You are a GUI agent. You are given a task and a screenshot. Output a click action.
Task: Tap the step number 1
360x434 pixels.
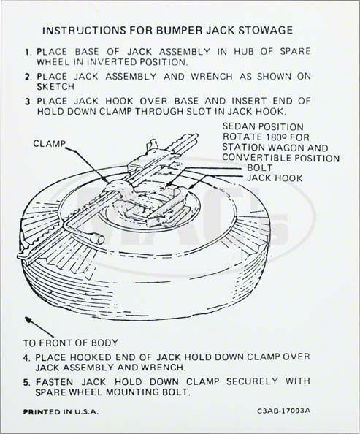pos(27,52)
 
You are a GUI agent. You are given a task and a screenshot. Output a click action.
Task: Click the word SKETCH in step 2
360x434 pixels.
pos(55,87)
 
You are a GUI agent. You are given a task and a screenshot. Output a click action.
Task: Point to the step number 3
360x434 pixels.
pos(28,102)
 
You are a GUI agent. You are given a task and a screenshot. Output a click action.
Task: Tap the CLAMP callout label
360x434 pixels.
pos(49,143)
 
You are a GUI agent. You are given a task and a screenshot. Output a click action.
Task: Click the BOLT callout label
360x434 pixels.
pos(259,168)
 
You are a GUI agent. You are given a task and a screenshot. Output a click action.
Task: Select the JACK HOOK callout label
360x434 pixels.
pos(275,178)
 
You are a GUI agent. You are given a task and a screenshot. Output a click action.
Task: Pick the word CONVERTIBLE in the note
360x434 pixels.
pos(256,158)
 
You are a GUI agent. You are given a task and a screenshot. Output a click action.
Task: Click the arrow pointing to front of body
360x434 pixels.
pos(39,327)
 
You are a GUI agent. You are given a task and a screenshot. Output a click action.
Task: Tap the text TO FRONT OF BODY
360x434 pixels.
pos(71,343)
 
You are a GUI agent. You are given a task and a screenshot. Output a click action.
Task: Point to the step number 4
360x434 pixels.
pos(26,357)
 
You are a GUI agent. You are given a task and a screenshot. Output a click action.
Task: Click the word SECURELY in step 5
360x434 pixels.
pos(252,381)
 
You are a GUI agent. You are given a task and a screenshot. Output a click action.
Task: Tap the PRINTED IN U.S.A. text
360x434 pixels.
pos(61,411)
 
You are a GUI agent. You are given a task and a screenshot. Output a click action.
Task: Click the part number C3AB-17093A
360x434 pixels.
pos(283,411)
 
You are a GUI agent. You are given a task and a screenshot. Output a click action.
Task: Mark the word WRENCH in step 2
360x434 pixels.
pos(212,77)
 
